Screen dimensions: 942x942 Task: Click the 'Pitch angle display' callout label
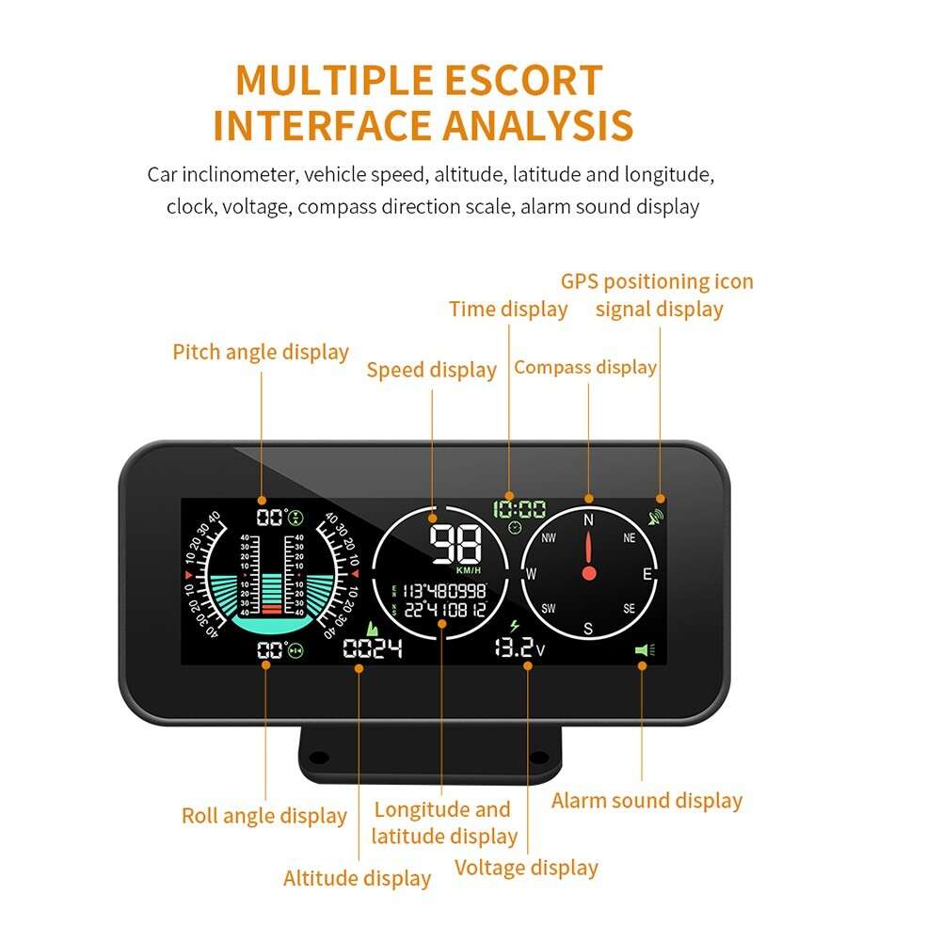tap(261, 352)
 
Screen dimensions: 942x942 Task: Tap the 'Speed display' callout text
tap(431, 370)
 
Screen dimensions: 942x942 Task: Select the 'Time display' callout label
tap(508, 309)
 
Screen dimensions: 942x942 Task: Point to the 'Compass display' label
tap(585, 367)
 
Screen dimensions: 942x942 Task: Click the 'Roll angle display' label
tap(264, 816)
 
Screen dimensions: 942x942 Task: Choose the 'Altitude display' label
tap(357, 879)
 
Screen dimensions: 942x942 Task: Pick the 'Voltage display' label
tap(526, 868)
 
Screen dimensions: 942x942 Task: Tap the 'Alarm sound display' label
tap(647, 801)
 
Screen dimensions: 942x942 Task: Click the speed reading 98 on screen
tap(455, 544)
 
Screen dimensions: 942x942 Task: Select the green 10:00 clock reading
tap(519, 510)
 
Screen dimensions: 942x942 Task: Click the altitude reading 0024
tap(373, 648)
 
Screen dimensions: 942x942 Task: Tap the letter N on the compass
tap(589, 519)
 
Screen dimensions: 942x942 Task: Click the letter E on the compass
tap(647, 573)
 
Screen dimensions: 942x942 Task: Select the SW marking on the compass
tap(549, 609)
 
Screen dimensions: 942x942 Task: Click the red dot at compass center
tap(589, 572)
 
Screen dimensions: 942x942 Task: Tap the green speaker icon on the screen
tap(642, 649)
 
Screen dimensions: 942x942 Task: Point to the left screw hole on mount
tap(319, 757)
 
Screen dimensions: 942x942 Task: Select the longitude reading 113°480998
tap(444, 591)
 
